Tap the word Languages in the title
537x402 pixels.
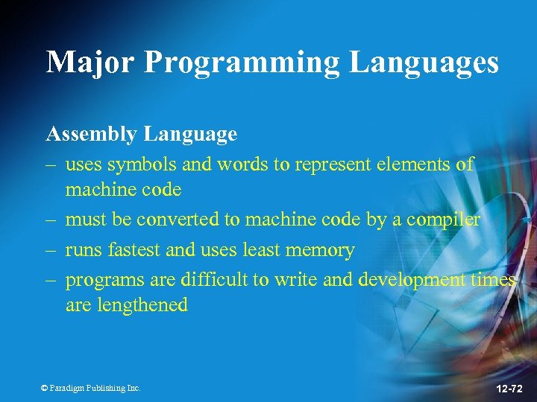pyautogui.click(x=424, y=63)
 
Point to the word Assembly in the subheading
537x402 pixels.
pyautogui.click(x=92, y=135)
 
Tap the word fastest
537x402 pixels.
pyautogui.click(x=132, y=250)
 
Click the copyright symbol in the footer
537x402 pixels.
pyautogui.click(x=44, y=388)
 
